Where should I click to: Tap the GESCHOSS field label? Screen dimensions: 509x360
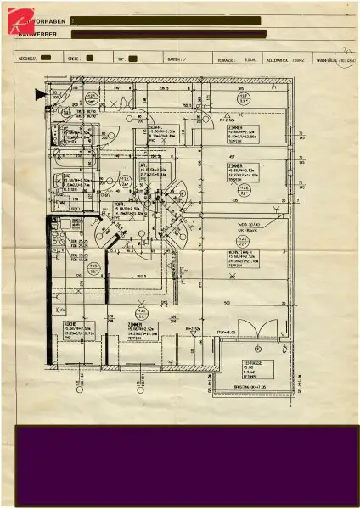click(x=26, y=59)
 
